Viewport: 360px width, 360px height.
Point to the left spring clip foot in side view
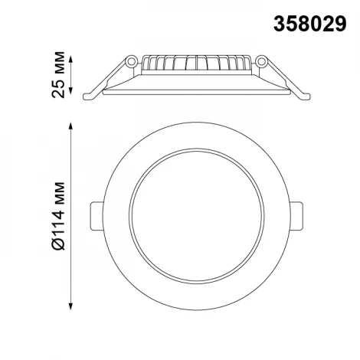pyautogui.click(x=89, y=95)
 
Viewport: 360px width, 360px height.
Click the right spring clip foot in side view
pyautogui.click(x=306, y=95)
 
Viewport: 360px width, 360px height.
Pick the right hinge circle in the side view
pyautogui.click(x=261, y=60)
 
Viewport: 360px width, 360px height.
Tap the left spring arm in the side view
pyautogui.click(x=111, y=77)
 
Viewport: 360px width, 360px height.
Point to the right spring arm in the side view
pyautogui.click(x=284, y=77)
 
